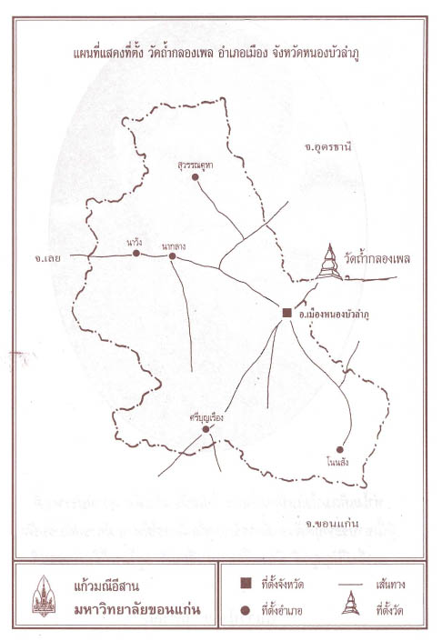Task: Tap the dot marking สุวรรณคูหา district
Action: (x=196, y=178)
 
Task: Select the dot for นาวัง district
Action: (x=136, y=254)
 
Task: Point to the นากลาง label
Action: (x=174, y=244)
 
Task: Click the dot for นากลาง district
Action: (x=172, y=256)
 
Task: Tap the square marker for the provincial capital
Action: (x=286, y=313)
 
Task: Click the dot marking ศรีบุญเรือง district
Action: (x=206, y=429)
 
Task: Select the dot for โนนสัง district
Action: (x=339, y=449)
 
